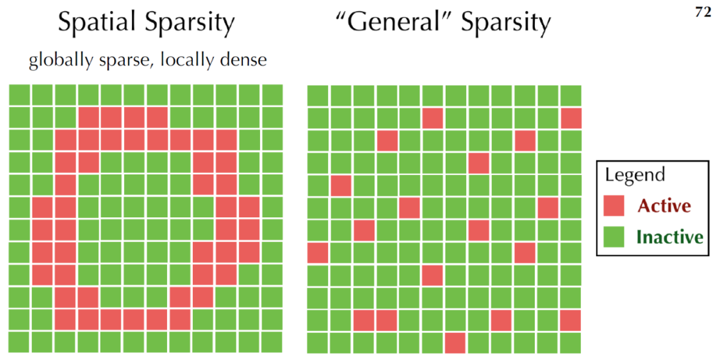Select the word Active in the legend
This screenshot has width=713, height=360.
664,205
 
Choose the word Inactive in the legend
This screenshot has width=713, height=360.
669,236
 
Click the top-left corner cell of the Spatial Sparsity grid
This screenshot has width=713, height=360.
20,95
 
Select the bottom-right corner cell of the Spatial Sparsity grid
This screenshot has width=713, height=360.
272,342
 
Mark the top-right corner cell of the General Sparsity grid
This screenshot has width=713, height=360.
571,95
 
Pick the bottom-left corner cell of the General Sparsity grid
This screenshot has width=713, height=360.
318,342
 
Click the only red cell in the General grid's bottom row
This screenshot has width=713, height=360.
455,342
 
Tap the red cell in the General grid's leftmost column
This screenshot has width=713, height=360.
318,252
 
